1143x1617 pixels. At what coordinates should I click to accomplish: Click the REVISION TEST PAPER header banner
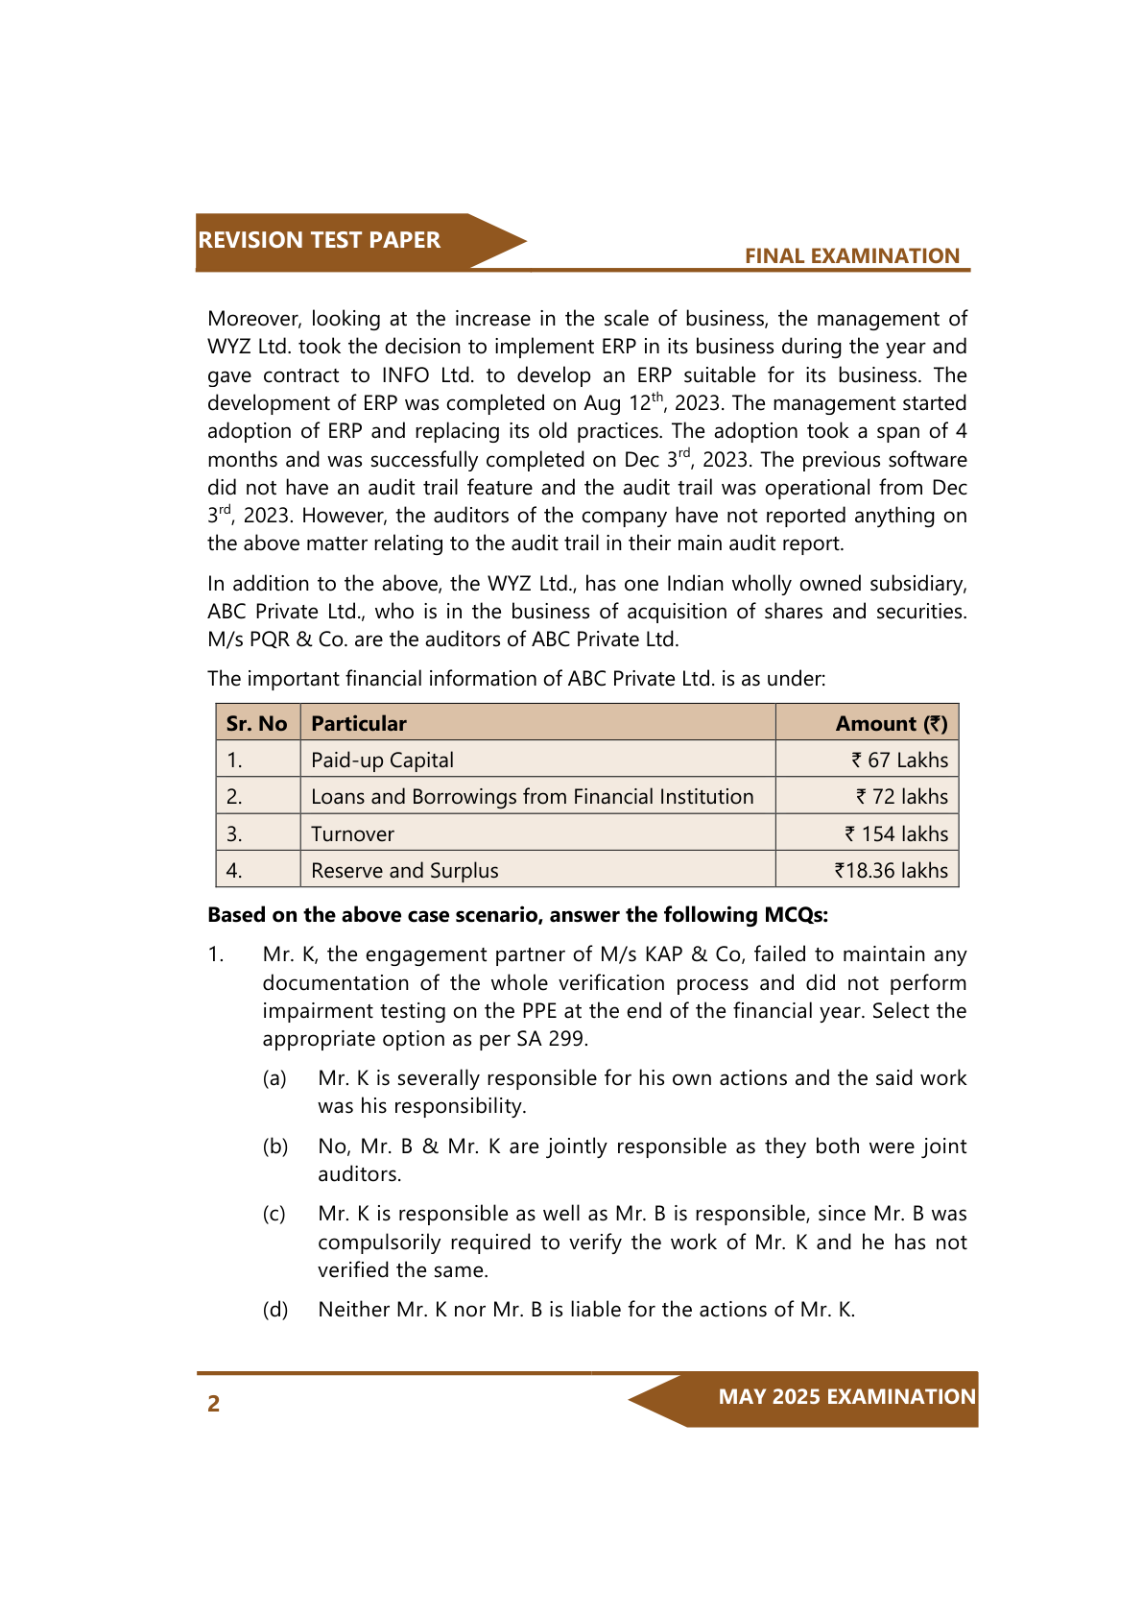pyautogui.click(x=320, y=241)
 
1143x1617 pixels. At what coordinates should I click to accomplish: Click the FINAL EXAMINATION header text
pyautogui.click(x=851, y=256)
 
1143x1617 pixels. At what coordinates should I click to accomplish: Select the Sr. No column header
pyautogui.click(x=256, y=724)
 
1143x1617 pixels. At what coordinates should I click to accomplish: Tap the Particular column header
pyautogui.click(x=359, y=724)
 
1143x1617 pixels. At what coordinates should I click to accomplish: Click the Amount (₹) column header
pyautogui.click(x=891, y=724)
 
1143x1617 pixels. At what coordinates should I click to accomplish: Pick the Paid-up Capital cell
pyautogui.click(x=382, y=760)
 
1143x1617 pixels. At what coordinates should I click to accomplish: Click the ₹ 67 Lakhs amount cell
pyautogui.click(x=899, y=760)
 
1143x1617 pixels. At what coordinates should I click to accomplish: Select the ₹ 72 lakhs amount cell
pyautogui.click(x=901, y=797)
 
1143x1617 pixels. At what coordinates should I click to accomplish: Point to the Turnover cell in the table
pyautogui.click(x=352, y=834)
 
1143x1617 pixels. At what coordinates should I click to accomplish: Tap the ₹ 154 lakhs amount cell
pyautogui.click(x=896, y=834)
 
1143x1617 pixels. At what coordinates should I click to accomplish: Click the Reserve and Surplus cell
pyautogui.click(x=405, y=871)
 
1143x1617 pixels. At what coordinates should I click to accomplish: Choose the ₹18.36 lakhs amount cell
pyautogui.click(x=891, y=871)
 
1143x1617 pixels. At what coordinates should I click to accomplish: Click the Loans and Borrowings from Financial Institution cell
pyautogui.click(x=532, y=797)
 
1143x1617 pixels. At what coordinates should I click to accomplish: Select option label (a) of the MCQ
pyautogui.click(x=274, y=1078)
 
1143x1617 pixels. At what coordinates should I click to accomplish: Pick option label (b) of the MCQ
pyautogui.click(x=275, y=1146)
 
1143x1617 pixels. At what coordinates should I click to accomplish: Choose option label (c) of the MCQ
pyautogui.click(x=274, y=1214)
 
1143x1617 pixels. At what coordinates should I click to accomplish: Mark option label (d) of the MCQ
pyautogui.click(x=275, y=1310)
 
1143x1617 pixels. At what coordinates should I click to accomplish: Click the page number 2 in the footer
pyautogui.click(x=214, y=1404)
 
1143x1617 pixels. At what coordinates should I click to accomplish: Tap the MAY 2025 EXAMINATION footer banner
pyautogui.click(x=846, y=1397)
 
